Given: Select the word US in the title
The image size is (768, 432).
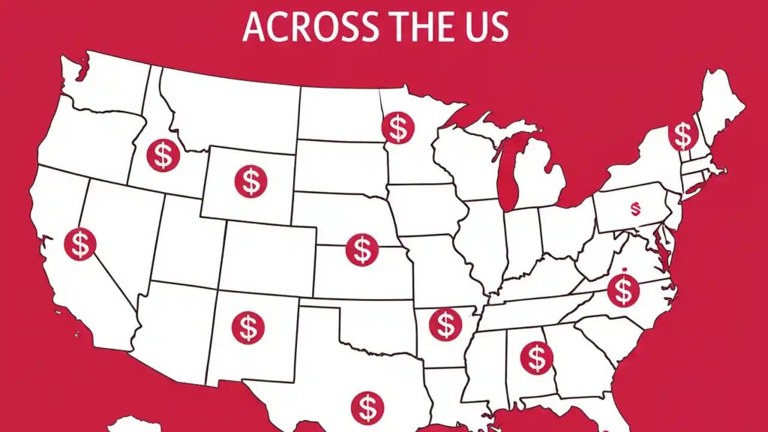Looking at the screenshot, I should tap(488, 27).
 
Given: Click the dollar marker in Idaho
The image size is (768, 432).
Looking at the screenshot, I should tap(163, 155).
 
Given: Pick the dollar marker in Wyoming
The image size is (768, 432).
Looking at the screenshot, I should tap(250, 181).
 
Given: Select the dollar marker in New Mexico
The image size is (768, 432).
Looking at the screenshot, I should tap(248, 327).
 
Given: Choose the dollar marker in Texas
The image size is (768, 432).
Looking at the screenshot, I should tap(367, 407).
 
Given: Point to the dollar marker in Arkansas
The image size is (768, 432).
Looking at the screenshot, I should tap(446, 325).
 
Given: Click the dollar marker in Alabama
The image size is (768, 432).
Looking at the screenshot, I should tap(536, 357).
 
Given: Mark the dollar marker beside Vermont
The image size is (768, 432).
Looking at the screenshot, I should tap(683, 135).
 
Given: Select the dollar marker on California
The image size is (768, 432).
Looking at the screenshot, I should tap(80, 244).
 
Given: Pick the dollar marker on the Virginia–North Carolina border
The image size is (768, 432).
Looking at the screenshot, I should tap(623, 290).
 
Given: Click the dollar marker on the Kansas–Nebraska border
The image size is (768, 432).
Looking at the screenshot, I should tap(362, 250).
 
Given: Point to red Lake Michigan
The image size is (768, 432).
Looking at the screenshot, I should tap(508, 174).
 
